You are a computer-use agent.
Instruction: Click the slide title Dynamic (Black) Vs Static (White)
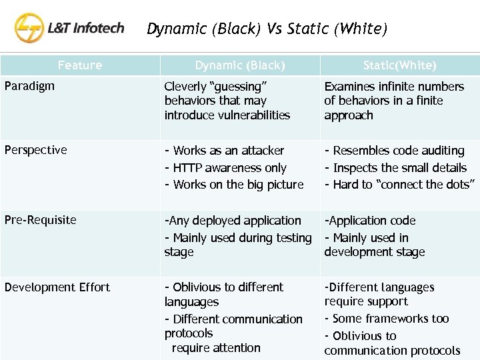(x=266, y=29)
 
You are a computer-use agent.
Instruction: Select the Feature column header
(x=80, y=65)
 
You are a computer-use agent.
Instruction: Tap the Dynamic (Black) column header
(x=240, y=65)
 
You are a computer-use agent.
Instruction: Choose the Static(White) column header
(x=400, y=65)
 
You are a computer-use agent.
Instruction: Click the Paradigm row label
(x=29, y=86)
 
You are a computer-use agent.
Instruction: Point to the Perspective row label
(x=35, y=150)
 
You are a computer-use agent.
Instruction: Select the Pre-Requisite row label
(x=40, y=220)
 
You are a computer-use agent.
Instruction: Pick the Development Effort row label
(x=57, y=287)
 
